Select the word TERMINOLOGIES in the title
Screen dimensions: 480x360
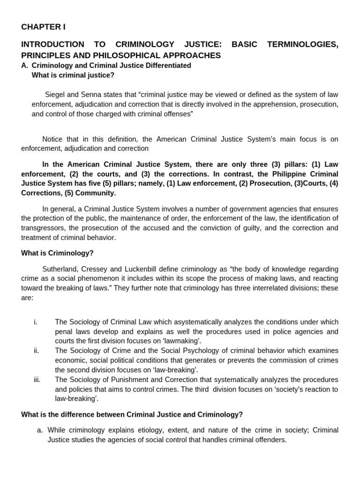[x=302, y=45]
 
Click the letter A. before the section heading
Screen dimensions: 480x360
[x=25, y=66]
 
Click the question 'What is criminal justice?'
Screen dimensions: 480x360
[x=73, y=75]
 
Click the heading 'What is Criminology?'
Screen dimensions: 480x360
[x=57, y=253]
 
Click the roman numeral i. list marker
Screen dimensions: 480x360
[x=36, y=322]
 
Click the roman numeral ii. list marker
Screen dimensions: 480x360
[x=36, y=351]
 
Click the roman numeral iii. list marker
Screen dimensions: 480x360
[x=37, y=380]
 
